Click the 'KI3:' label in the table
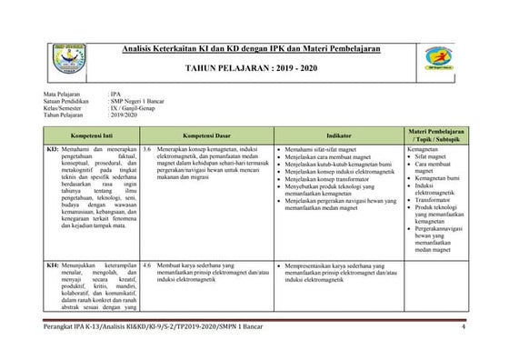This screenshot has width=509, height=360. [x=54, y=147]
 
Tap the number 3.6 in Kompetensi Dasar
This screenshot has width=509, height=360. [x=147, y=147]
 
